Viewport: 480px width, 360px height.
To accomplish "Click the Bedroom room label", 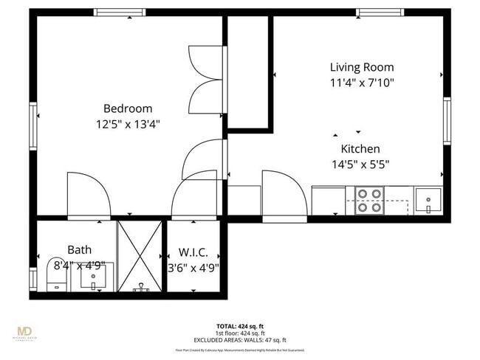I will pos(128,108).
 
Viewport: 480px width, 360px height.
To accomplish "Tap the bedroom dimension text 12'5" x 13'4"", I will pos(128,124).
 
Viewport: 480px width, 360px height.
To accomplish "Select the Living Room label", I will pos(361,67).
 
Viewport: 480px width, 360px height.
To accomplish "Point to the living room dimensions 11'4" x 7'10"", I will pos(361,83).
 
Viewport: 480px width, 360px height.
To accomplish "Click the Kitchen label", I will pos(360,148).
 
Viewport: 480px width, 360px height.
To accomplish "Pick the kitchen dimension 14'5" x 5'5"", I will pos(360,165).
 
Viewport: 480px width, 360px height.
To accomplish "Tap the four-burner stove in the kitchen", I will pos(370,200).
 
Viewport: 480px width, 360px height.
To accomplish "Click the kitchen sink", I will pos(428,200).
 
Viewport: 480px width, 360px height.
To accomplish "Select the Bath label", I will pos(79,250).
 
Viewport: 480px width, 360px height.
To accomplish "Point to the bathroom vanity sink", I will pos(93,277).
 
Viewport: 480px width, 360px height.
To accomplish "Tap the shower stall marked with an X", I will pos(140,255).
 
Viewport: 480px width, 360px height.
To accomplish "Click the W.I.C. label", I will pos(193,252).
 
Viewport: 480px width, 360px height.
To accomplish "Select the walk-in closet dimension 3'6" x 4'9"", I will pos(193,268).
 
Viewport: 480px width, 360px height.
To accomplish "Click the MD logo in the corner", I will pos(25,332).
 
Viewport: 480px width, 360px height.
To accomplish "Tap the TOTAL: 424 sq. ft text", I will pos(240,325).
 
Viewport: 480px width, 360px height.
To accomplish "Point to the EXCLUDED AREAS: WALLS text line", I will pos(240,339).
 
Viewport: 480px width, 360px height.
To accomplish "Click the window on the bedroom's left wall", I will pos(33,125).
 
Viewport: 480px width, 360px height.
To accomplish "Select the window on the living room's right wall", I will pos(447,121).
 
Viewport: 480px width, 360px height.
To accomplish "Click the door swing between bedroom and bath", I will pos(87,195).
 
